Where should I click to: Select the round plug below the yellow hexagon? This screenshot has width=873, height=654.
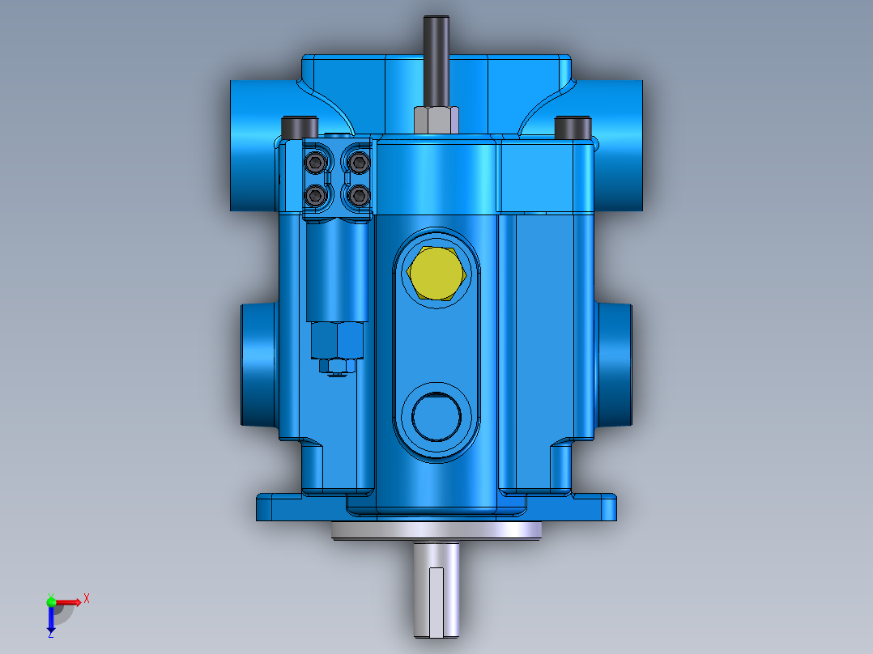pyautogui.click(x=436, y=414)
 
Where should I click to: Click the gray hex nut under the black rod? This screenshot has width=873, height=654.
pyautogui.click(x=437, y=119)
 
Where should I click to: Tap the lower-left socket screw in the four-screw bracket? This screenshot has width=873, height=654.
pyautogui.click(x=316, y=194)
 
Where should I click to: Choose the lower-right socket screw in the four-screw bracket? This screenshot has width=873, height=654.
pyautogui.click(x=357, y=194)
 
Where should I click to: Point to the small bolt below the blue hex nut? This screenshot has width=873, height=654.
pyautogui.click(x=336, y=367)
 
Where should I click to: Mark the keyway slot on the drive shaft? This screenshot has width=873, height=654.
pyautogui.click(x=437, y=603)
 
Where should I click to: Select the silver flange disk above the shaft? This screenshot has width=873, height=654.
pyautogui.click(x=437, y=531)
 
